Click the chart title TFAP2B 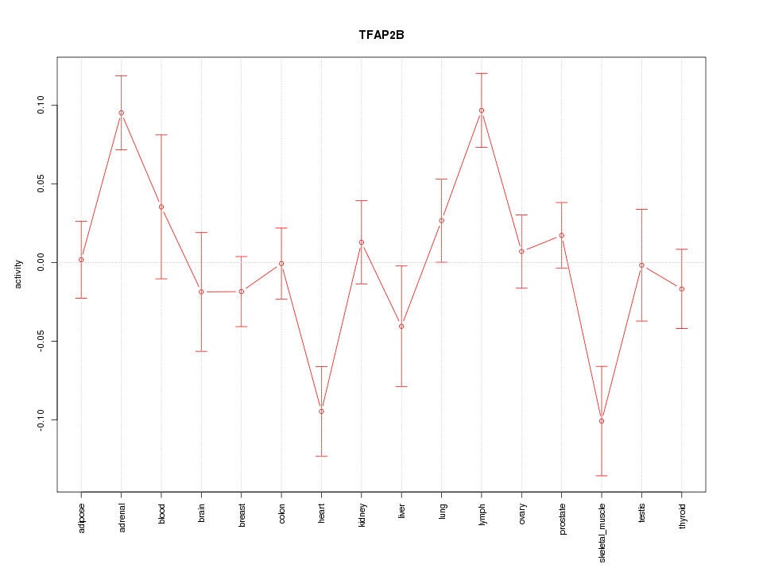click(381, 36)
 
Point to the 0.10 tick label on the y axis click(41, 106)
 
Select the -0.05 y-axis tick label click(41, 341)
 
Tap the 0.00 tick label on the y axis click(41, 263)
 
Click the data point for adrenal click(122, 113)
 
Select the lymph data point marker click(482, 110)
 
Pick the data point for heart click(321, 412)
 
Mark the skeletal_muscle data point click(602, 421)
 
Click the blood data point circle click(161, 207)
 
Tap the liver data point click(401, 327)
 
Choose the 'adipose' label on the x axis click(81, 517)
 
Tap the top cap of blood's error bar click(161, 135)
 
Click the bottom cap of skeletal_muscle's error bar click(602, 476)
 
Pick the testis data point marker click(641, 265)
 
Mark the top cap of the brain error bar click(202, 232)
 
